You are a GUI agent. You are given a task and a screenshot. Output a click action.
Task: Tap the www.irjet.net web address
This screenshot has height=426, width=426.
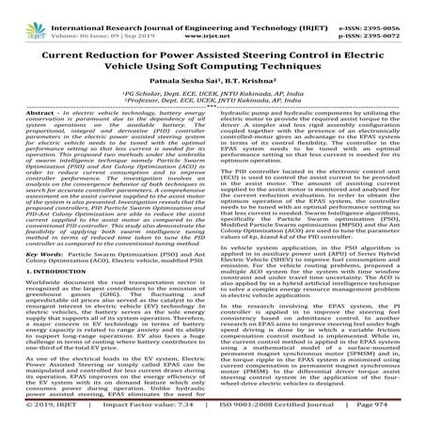tap(222, 17)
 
